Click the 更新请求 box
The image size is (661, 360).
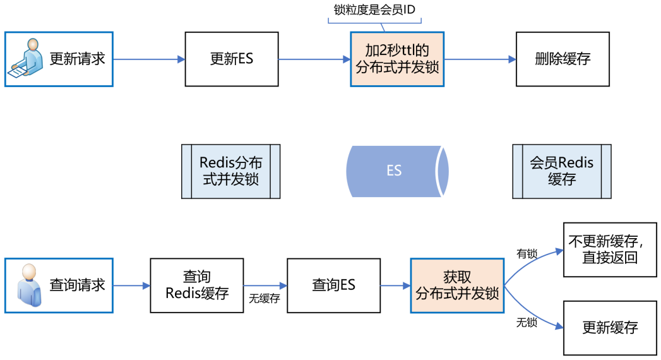coord(59,59)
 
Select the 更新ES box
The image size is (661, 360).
coord(231,59)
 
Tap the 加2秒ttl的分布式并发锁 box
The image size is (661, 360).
coord(397,59)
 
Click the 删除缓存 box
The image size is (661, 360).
coord(562,59)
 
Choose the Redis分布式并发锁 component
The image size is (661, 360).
coord(230,171)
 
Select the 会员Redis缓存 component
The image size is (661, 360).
coord(561,171)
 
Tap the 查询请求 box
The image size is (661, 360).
coord(59,285)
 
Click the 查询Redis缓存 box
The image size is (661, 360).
coord(196,285)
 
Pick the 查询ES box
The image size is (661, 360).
coord(333,285)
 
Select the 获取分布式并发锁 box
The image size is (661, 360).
coord(457,285)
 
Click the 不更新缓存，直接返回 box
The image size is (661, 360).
coord(610,249)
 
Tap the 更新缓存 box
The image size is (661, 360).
coord(610,327)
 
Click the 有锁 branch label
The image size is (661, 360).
coord(527,254)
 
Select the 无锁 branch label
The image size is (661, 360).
coord(527,322)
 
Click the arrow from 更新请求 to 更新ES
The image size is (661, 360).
coord(149,59)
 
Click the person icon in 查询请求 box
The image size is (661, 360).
coord(27,285)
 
